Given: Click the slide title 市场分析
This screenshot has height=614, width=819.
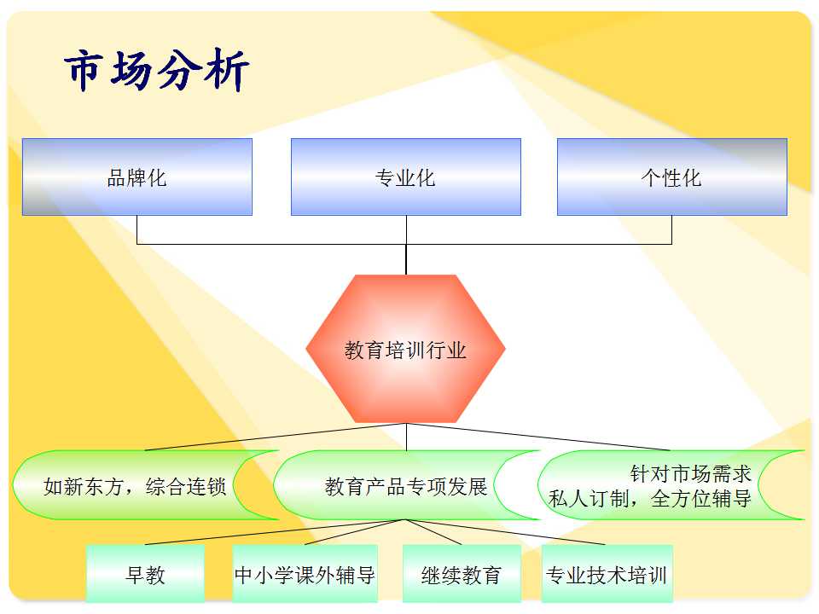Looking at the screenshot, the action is (156, 70).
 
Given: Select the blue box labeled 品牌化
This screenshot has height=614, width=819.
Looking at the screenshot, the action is (136, 177).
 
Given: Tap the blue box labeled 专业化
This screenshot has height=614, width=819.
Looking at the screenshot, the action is (406, 177).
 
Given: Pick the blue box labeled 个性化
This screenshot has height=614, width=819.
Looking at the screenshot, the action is (672, 177).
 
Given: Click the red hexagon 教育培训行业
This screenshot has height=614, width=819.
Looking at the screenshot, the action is (406, 349).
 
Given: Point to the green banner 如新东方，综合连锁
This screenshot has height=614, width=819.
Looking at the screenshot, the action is (145, 485).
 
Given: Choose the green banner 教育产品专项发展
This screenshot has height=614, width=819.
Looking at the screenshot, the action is (406, 485).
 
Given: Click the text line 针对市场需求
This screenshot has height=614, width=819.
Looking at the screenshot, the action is (690, 473).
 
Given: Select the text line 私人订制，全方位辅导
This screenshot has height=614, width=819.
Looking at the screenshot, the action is (650, 499).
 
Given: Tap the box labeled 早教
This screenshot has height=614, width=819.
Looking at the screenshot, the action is (145, 574).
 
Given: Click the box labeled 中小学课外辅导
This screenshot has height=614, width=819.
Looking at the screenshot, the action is (305, 574).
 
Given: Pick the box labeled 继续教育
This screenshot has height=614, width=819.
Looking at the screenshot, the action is (462, 574).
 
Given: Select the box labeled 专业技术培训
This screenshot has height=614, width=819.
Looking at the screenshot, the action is (607, 574).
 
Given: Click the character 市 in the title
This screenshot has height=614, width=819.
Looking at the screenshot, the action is (84, 70).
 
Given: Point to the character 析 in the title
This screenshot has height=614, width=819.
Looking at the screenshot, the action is (227, 70).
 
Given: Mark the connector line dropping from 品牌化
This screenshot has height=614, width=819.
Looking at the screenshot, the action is (136, 229).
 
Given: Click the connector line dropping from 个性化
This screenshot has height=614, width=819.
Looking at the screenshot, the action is (671, 229).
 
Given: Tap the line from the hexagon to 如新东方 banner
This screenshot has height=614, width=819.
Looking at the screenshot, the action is (276, 437).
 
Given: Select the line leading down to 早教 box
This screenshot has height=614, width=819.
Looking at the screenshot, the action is (276, 532).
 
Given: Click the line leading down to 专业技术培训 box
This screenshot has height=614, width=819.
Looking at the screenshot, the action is (506, 532).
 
